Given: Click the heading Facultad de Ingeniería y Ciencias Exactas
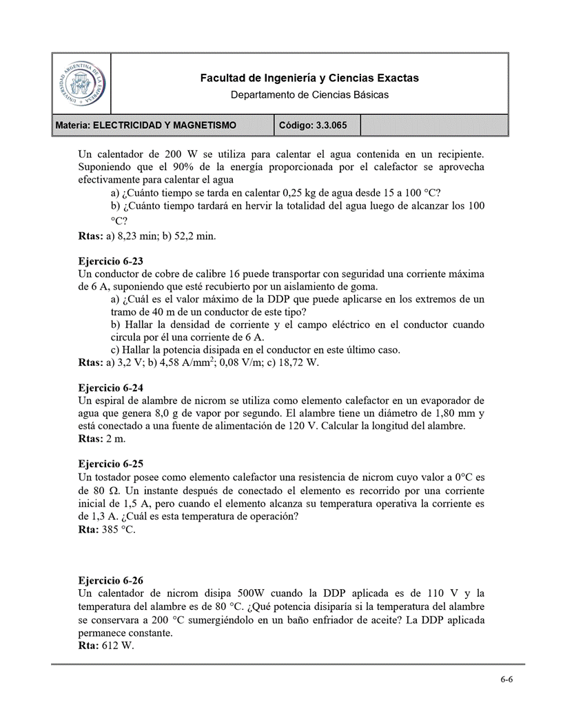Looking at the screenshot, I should coord(309,79).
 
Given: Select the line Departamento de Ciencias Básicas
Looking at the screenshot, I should coord(309,94).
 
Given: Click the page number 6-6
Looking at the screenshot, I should coord(506,679).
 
